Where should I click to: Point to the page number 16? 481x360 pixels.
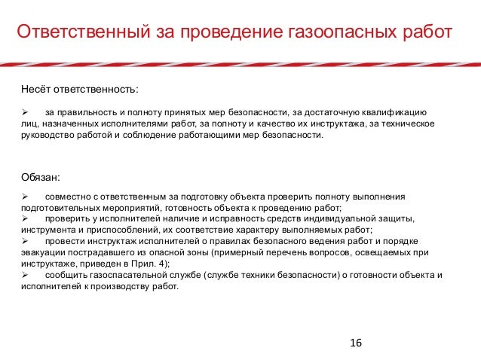tap(356, 343)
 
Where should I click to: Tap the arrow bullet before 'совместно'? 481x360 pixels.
tap(24, 197)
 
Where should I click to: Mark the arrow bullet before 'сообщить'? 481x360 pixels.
tap(24, 276)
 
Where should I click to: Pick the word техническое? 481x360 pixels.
tap(407, 124)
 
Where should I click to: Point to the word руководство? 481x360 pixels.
tap(47, 136)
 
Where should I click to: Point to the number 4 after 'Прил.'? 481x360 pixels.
tap(164, 264)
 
